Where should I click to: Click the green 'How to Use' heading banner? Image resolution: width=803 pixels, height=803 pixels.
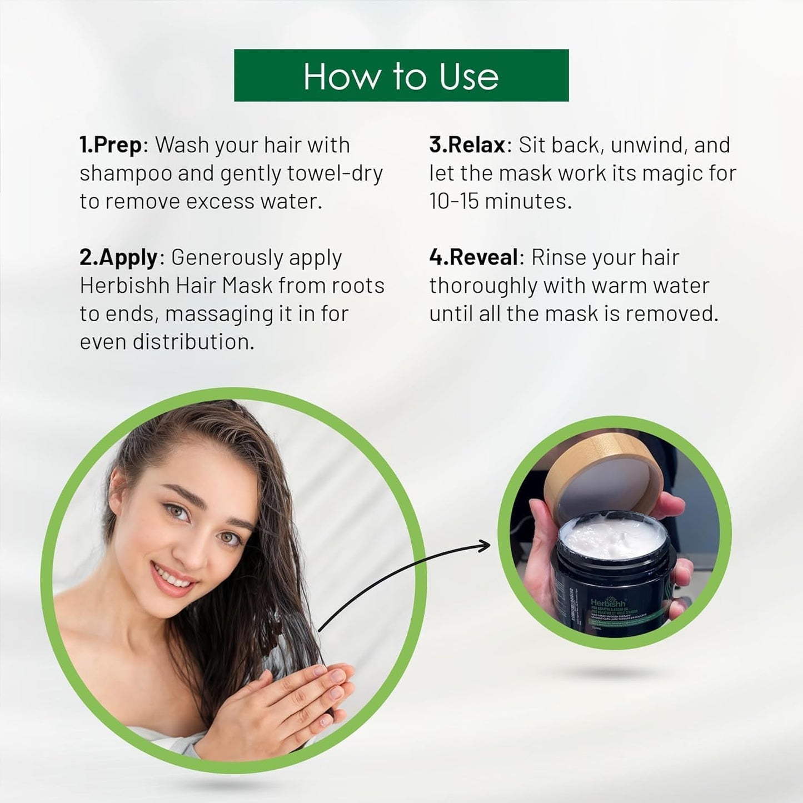point(401,76)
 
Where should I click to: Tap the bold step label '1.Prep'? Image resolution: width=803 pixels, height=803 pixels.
point(111,146)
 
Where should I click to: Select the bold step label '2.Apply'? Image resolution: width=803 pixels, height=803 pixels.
point(119,258)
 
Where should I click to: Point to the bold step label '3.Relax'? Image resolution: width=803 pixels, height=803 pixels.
point(467,145)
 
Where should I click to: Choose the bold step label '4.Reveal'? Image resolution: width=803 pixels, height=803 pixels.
point(473,258)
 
